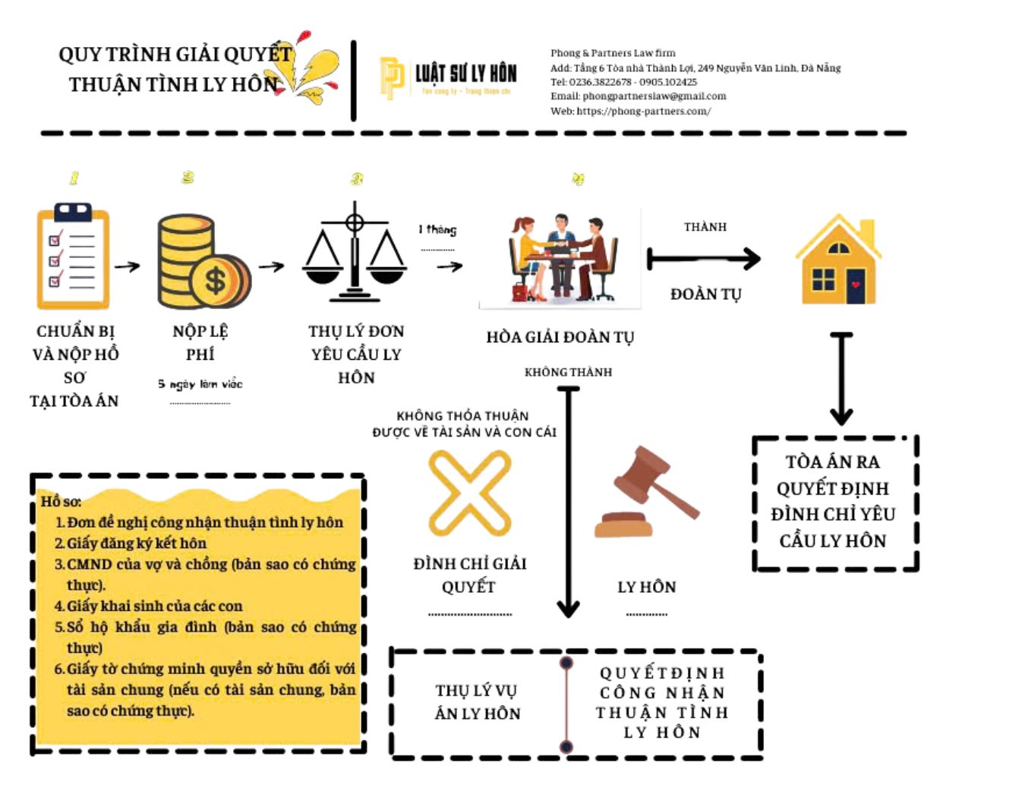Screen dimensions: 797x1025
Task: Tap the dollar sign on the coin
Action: (x=216, y=281)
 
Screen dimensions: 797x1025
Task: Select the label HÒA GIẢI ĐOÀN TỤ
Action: (x=560, y=337)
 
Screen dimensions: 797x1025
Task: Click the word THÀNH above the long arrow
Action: (x=705, y=227)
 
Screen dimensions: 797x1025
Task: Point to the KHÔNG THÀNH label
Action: (x=568, y=372)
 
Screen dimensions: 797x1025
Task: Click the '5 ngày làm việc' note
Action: (x=200, y=384)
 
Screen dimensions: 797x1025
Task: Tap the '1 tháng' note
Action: (x=437, y=229)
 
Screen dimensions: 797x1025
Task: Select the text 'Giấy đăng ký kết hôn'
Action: (x=136, y=543)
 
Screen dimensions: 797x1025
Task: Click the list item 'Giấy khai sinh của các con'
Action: (x=154, y=606)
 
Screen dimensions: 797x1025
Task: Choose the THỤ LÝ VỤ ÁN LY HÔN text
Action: (x=478, y=702)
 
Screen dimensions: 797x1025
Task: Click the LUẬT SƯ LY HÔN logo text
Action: (x=465, y=73)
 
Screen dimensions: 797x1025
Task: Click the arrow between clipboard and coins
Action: (x=127, y=266)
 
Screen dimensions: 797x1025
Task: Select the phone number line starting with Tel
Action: (x=623, y=82)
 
